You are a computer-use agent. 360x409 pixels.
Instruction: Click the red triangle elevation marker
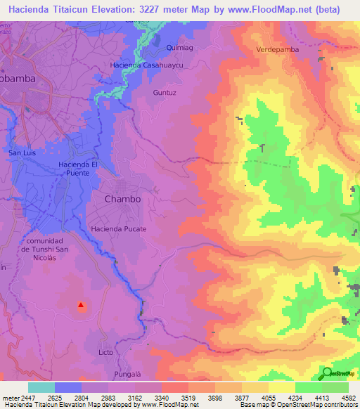click(81, 305)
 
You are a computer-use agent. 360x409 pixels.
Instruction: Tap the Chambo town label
click(122, 199)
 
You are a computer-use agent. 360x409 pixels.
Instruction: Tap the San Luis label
click(22, 152)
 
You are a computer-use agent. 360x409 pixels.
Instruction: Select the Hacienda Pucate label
click(118, 229)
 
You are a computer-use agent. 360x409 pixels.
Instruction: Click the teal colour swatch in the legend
click(41, 387)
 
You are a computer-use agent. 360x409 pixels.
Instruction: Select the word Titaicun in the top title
click(82, 10)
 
